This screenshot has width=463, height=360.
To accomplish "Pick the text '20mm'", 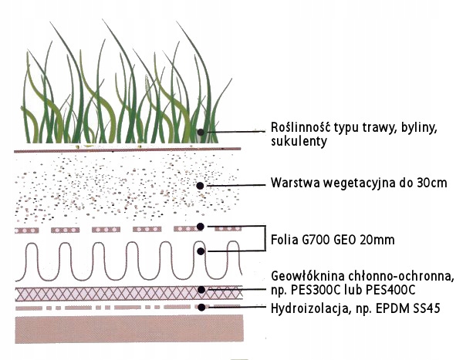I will pos(378,240).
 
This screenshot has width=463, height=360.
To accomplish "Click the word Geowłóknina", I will pos(306,276).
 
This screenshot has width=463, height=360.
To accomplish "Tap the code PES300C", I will pos(315,289).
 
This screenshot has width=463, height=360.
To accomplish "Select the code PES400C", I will pos(388,289).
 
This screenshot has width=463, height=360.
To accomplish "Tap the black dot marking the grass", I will pos(200,132).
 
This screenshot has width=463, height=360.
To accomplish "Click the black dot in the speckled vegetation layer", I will pos(200,186).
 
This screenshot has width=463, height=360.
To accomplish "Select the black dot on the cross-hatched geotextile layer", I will pos(200,290).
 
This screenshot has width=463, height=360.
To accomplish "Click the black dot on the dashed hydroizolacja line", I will pos(200,307).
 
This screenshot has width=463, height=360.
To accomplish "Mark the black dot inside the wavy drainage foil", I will pos(200,251).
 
